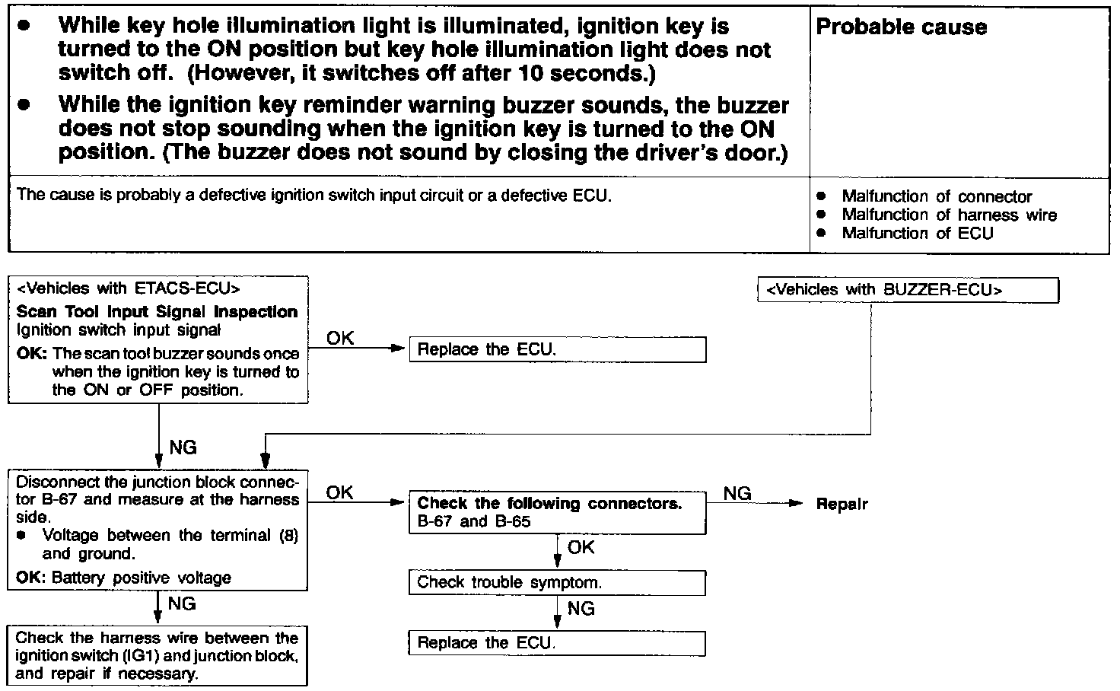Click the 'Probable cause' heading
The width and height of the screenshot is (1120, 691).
click(x=901, y=27)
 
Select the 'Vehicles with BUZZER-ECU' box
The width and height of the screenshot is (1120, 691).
click(x=908, y=290)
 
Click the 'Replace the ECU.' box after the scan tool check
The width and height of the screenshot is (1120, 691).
click(x=557, y=350)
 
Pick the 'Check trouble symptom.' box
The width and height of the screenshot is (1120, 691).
click(x=557, y=583)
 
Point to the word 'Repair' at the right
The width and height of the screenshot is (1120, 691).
click(x=842, y=504)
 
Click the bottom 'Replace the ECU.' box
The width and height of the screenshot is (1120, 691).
click(x=557, y=643)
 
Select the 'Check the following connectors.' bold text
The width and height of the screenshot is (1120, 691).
click(x=549, y=503)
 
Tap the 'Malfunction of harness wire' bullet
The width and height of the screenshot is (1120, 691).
click(x=949, y=215)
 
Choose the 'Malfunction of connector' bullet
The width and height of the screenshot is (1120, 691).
click(x=937, y=196)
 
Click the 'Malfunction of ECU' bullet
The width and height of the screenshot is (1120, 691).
click(x=917, y=233)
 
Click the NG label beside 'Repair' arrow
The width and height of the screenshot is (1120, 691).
click(x=737, y=493)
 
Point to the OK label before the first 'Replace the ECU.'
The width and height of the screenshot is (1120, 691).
click(x=340, y=338)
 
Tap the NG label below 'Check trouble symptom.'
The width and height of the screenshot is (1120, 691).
click(x=581, y=608)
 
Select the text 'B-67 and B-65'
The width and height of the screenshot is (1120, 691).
click(x=474, y=521)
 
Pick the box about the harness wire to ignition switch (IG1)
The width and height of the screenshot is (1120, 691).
click(x=157, y=655)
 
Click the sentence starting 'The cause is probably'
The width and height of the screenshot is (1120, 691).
click(x=313, y=195)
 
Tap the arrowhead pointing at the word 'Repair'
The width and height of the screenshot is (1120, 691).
click(x=797, y=504)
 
